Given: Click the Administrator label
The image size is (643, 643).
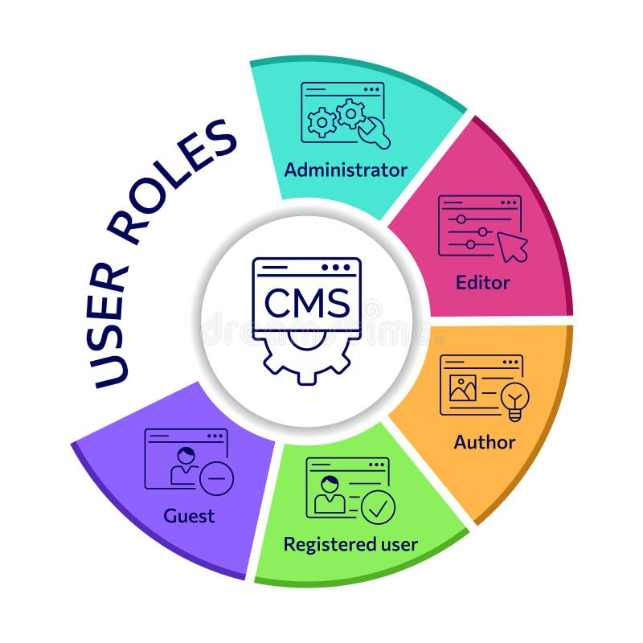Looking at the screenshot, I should [346, 170].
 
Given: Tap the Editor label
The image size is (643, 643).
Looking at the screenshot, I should [482, 283].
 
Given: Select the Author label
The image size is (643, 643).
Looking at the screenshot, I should [484, 442].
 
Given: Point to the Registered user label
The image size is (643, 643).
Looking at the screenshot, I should [350, 544].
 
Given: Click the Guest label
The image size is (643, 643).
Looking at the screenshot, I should [189, 515].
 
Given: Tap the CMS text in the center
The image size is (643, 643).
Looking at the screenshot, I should [307, 303].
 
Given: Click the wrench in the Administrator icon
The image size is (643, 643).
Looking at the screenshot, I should [374, 133].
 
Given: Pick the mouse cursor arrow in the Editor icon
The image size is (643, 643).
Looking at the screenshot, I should [512, 246].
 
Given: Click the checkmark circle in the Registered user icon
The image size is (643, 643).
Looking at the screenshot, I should [378, 507].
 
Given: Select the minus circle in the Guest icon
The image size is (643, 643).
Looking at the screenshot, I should [216, 480].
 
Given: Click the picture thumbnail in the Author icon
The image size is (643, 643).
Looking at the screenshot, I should [463, 388].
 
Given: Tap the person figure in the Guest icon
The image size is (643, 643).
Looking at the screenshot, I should [186, 466].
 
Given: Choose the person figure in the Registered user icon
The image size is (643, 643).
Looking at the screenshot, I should [330, 494].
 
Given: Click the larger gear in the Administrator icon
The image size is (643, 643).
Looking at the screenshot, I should [351, 114].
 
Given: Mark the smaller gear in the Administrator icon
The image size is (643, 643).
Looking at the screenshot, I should [321, 122].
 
